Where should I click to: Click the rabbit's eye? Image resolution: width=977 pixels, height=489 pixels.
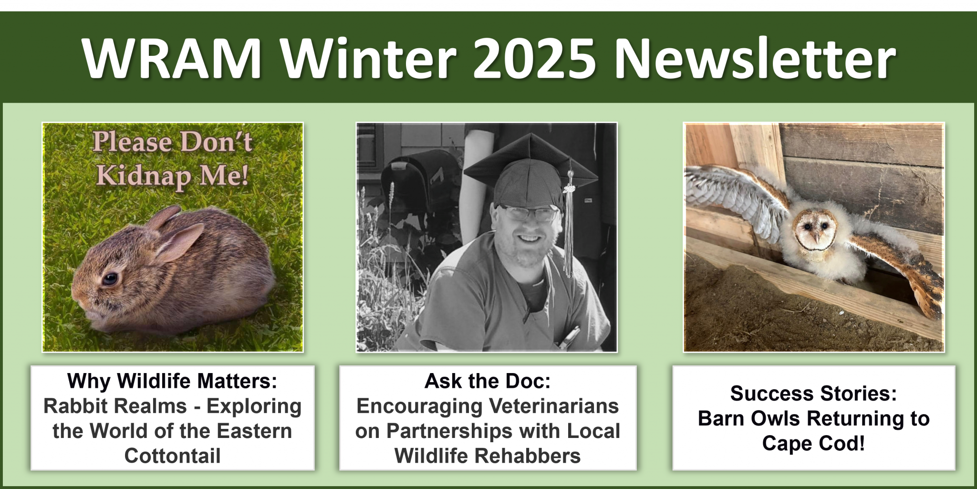click(111, 278)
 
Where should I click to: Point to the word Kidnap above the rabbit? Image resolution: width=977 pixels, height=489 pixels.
click(143, 176)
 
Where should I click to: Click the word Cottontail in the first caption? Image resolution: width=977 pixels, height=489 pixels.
click(173, 456)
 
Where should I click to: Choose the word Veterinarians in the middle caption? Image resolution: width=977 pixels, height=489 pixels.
click(554, 406)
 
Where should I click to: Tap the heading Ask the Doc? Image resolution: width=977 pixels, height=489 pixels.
click(487, 381)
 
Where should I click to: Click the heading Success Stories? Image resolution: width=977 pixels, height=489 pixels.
click(813, 394)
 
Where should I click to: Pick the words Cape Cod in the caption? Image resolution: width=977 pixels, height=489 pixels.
click(813, 443)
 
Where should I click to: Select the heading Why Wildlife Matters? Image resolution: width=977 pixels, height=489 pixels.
click(172, 381)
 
